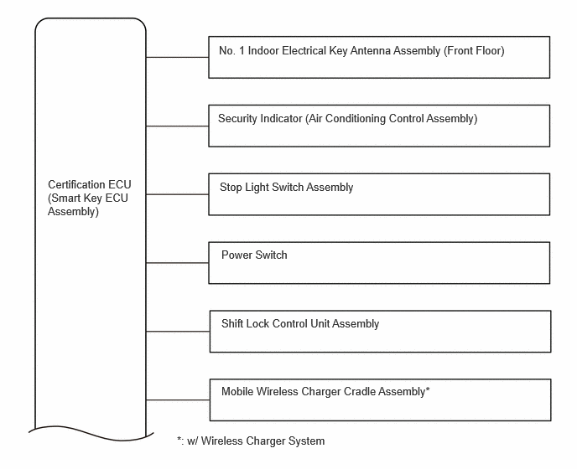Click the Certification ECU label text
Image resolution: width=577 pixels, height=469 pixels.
point(90,198)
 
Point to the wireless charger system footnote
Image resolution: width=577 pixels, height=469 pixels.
point(251,441)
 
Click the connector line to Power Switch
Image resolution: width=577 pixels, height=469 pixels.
point(177,263)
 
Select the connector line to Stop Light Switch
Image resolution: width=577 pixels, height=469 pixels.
point(177,194)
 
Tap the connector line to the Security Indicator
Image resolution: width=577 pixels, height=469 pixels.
point(177,126)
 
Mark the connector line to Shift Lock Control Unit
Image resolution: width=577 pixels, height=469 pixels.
point(178,332)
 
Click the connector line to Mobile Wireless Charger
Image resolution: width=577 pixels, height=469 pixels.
point(178,399)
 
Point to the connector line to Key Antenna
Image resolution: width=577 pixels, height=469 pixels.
point(177,57)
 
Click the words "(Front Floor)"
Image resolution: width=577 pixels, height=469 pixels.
point(474,51)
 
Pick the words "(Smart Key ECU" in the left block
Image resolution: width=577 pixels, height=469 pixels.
point(88,198)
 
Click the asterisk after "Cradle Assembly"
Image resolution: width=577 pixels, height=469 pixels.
point(428,389)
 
